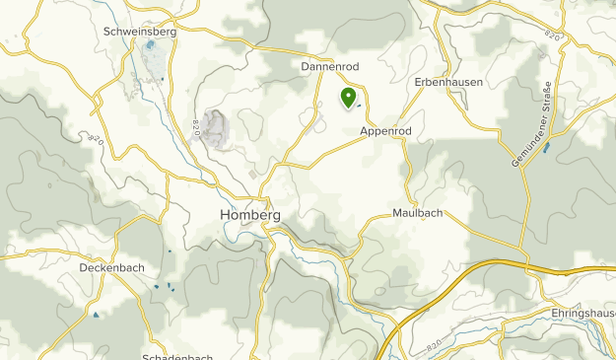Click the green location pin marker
point(348,97)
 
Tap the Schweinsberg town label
point(140,32)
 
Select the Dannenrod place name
point(328,66)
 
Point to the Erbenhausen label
point(448,82)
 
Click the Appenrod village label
point(384,130)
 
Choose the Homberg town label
point(250,215)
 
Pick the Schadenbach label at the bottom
point(178,355)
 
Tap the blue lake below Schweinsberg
point(150,45)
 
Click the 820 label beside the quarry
point(196,126)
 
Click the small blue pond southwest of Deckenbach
point(96,316)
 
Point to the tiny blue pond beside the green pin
point(359,107)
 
